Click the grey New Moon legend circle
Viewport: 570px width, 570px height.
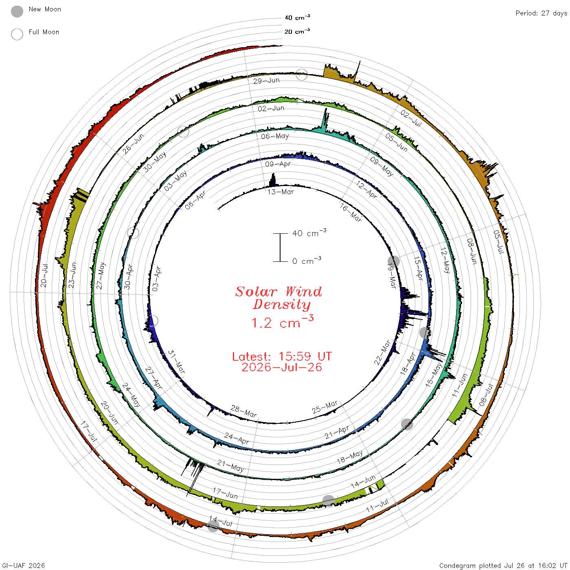coord(17,11)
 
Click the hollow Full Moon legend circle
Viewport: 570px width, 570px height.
coord(17,34)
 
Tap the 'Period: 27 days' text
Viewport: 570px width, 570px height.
coord(541,13)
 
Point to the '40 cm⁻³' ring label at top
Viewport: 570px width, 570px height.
coord(297,17)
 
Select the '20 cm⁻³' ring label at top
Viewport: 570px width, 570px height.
coord(297,31)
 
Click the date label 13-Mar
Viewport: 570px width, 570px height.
coord(281,192)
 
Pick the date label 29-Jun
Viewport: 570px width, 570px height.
coord(266,81)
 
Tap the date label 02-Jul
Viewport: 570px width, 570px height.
coord(411,118)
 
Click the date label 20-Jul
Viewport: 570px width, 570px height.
coord(44,275)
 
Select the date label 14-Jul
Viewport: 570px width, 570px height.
coord(221,521)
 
